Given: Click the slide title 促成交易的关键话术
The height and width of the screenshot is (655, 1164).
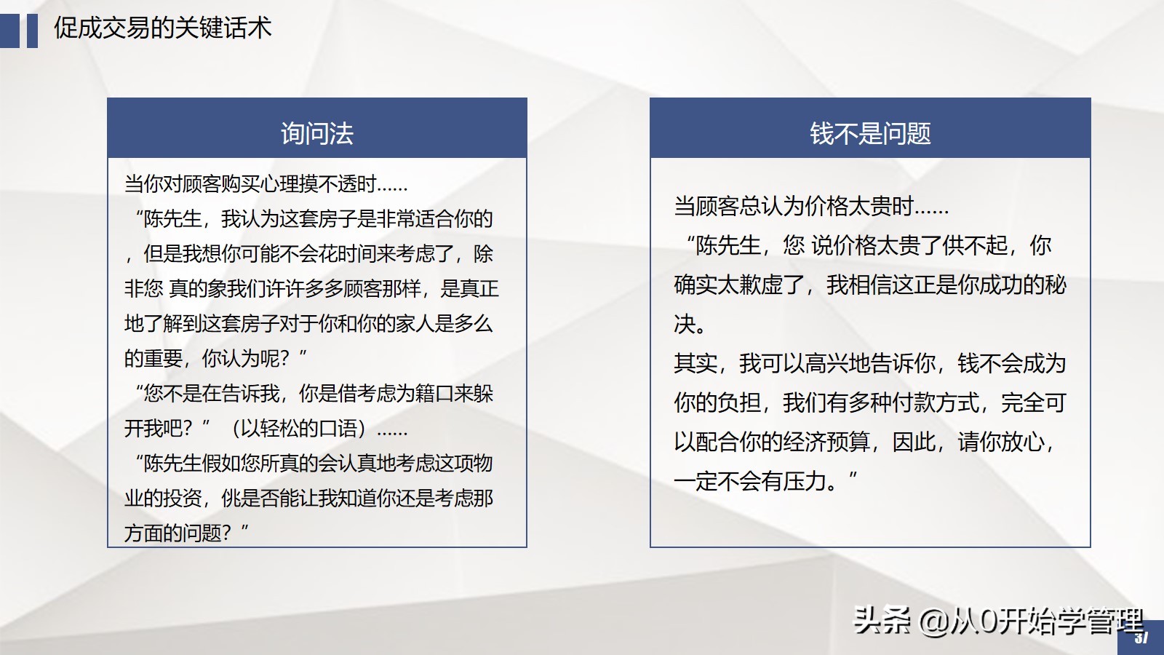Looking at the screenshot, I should pyautogui.click(x=162, y=28).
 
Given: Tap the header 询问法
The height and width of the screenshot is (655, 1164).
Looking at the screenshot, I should pyautogui.click(x=317, y=133).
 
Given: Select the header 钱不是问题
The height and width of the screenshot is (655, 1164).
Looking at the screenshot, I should pyautogui.click(x=870, y=133).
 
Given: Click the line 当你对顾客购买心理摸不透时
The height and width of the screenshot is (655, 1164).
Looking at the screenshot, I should pyautogui.click(x=266, y=184).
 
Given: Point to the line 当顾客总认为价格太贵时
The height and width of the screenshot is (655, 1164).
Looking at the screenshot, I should pyautogui.click(x=811, y=207).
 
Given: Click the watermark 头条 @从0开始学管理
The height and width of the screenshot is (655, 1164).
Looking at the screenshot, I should pyautogui.click(x=997, y=621).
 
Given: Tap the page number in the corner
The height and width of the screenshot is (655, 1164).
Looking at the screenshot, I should pyautogui.click(x=1141, y=638).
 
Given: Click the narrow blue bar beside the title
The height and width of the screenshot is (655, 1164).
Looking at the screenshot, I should pyautogui.click(x=32, y=31).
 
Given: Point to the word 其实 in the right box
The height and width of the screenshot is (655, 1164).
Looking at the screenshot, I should pyautogui.click(x=695, y=363).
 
